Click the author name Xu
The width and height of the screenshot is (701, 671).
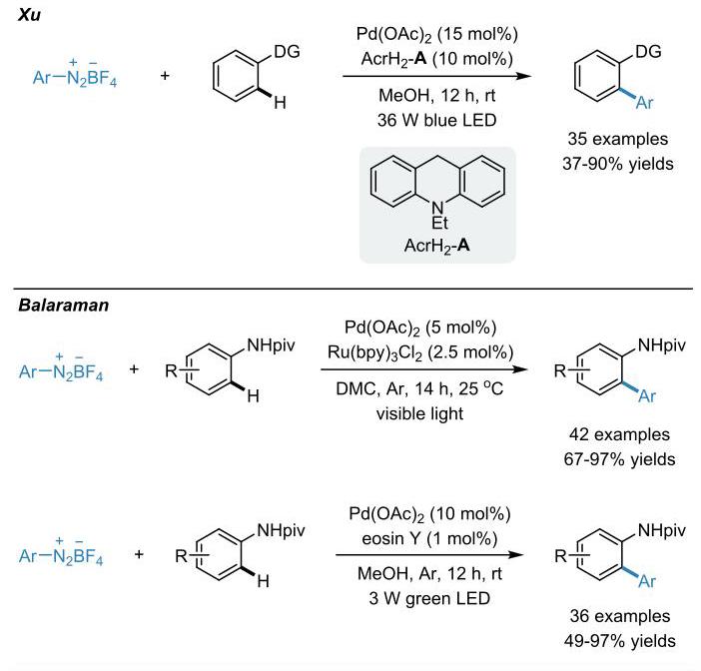(x=29, y=15)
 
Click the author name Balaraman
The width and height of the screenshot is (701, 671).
(x=64, y=306)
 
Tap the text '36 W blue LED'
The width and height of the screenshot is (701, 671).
(x=436, y=120)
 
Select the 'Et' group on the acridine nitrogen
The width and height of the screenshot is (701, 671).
(x=439, y=223)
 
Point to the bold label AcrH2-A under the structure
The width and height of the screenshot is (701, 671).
(x=436, y=246)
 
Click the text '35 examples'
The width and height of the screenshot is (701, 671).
(x=618, y=139)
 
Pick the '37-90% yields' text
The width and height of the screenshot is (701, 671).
(x=618, y=164)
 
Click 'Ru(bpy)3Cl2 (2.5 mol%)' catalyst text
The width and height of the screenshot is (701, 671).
(x=420, y=352)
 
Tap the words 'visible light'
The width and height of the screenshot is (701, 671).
(x=419, y=413)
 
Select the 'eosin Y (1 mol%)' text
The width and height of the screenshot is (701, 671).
(x=429, y=538)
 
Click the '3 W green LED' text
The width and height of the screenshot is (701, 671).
(x=429, y=598)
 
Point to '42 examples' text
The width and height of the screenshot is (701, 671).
(x=619, y=434)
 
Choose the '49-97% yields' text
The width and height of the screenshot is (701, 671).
(x=620, y=641)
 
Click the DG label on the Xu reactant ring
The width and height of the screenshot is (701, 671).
(x=287, y=52)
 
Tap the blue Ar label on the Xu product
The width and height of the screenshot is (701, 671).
(x=644, y=103)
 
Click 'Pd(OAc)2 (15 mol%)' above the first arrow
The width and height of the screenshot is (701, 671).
(x=436, y=34)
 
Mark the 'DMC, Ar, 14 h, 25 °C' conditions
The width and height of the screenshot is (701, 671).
(x=419, y=388)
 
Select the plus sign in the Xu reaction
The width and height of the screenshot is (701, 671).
(x=165, y=76)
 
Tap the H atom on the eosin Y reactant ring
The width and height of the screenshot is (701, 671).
(x=263, y=581)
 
